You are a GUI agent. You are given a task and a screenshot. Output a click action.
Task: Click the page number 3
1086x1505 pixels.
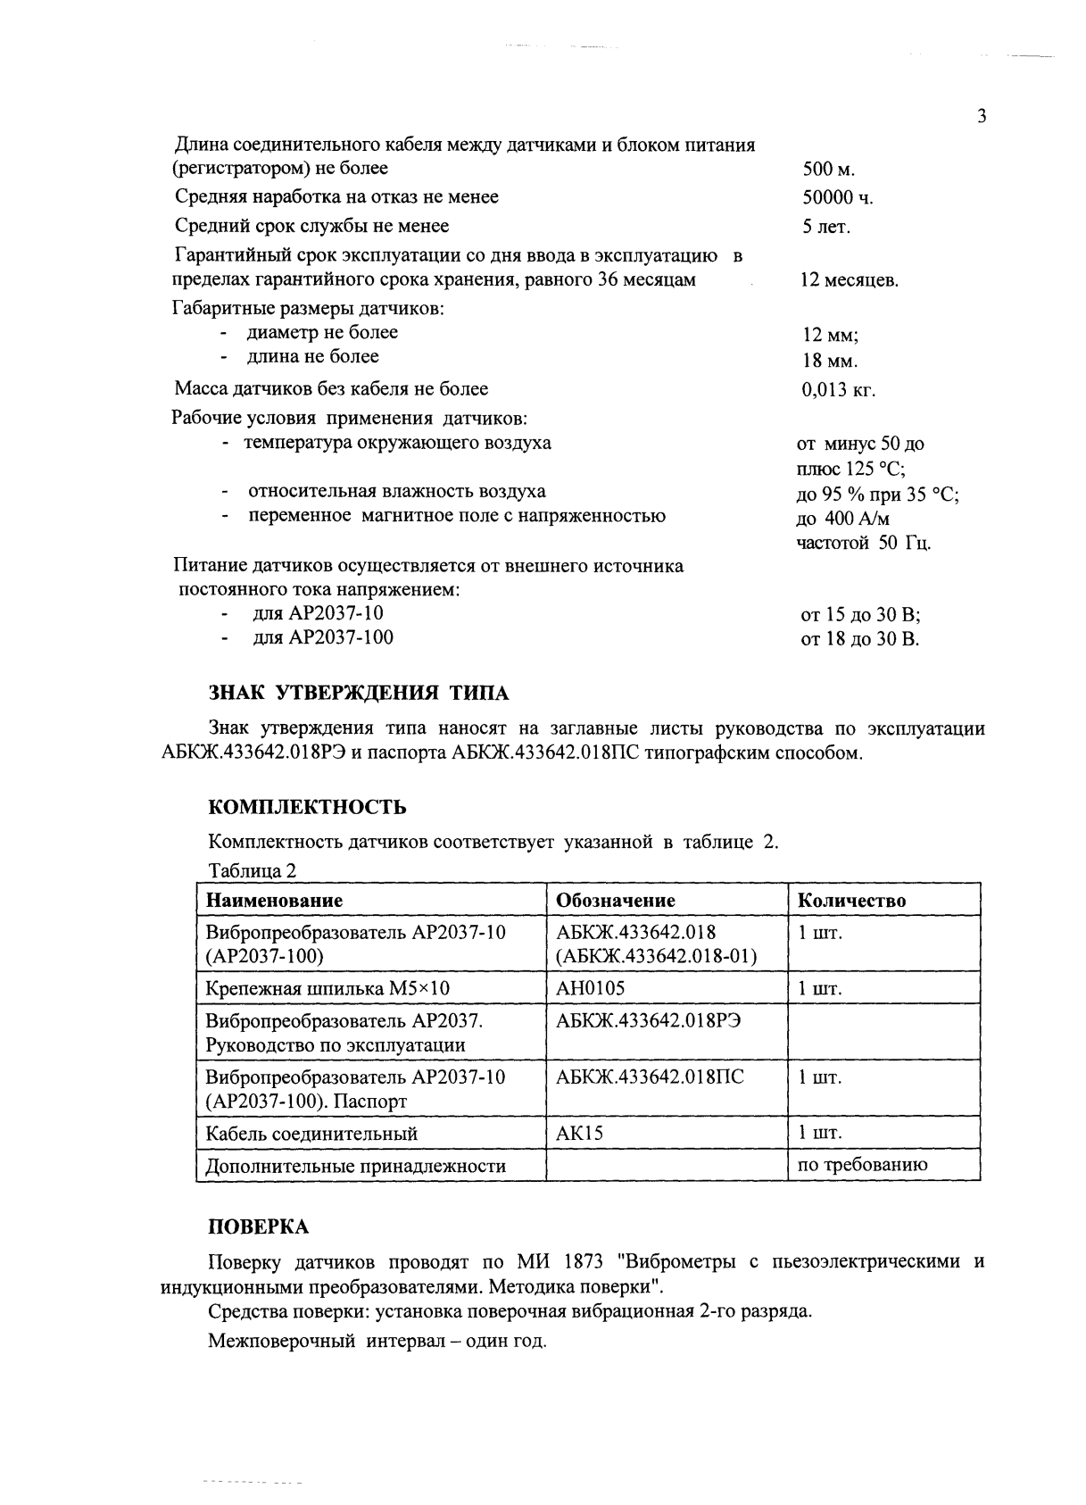click(982, 117)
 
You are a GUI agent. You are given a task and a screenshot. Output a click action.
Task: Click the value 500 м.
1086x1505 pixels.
click(829, 170)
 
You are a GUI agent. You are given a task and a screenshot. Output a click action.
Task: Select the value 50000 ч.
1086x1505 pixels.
click(837, 198)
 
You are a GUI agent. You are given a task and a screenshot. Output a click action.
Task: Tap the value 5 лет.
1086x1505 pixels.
click(826, 227)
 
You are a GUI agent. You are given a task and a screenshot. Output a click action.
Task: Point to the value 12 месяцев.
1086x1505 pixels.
click(849, 281)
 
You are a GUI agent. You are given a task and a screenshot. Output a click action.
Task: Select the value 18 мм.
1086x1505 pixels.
click(830, 362)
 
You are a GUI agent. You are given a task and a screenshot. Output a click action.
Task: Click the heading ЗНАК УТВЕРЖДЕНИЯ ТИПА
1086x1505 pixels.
click(358, 694)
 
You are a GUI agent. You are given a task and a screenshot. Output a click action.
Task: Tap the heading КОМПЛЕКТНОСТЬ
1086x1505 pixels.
click(307, 807)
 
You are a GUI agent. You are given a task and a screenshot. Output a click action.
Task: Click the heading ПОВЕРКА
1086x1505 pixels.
click(259, 1226)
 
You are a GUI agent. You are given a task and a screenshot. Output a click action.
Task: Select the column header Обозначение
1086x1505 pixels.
click(616, 900)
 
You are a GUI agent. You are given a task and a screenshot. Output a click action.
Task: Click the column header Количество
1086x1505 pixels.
click(851, 900)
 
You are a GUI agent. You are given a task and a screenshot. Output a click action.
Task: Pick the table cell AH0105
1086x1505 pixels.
click(591, 988)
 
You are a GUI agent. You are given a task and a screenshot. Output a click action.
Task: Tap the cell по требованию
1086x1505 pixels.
click(863, 1164)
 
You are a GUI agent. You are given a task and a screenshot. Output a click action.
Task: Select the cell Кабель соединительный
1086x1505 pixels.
click(311, 1134)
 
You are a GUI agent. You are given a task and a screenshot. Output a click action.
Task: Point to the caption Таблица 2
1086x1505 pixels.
click(252, 870)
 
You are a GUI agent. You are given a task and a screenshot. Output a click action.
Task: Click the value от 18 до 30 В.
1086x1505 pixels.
click(860, 639)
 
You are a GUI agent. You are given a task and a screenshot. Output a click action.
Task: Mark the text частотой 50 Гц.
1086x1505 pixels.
click(864, 543)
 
